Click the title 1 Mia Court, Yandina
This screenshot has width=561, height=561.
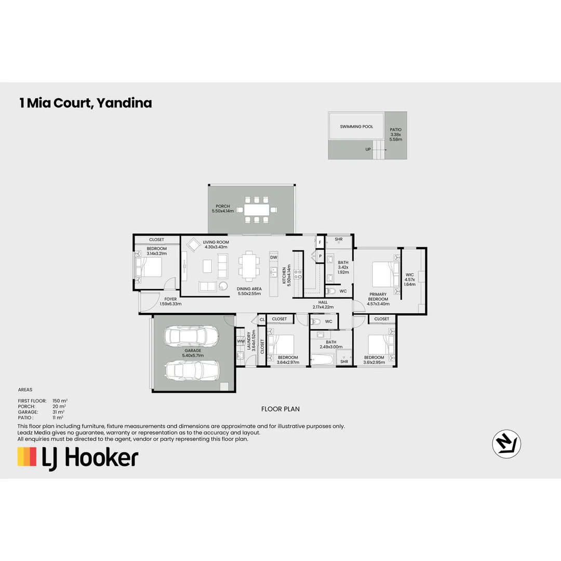pos(86,103)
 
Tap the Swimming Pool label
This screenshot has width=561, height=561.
pos(356,127)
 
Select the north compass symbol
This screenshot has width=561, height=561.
pos(506,445)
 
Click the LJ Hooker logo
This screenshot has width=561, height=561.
pos(78,458)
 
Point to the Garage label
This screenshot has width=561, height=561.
pos(192,353)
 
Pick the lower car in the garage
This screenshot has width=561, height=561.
pos(192,370)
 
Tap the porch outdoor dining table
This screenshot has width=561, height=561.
pos(255,210)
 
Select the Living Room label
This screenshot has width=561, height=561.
pos(216,245)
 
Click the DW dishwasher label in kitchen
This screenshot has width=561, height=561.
pos(274,257)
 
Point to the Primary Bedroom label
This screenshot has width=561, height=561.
pos(378,297)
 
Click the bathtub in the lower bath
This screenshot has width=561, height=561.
pos(323,359)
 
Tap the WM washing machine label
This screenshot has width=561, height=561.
pos(241,341)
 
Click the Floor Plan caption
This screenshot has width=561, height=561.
pos(280,409)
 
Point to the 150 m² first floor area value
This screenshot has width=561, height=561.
pos(60,400)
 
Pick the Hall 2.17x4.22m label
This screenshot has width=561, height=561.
pos(323,304)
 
